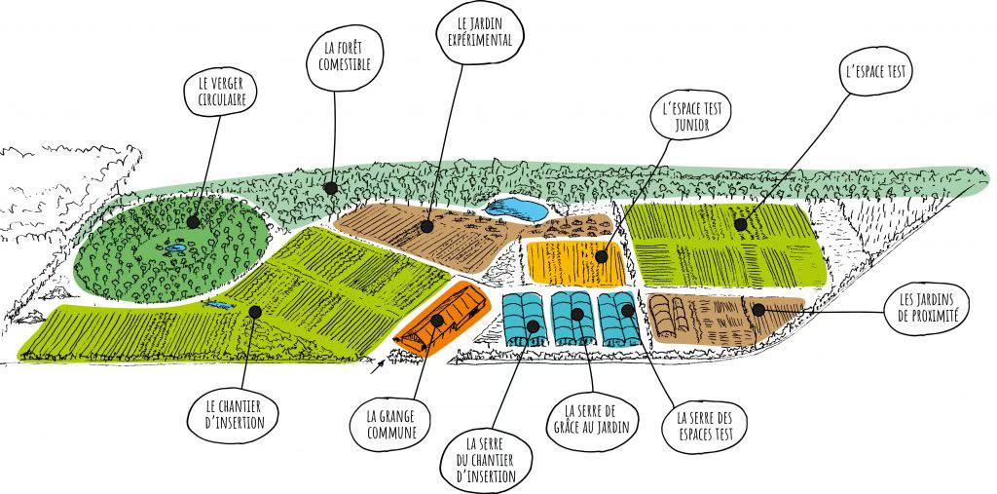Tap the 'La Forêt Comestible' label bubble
tap(338, 63)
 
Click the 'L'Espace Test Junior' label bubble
tap(692, 115)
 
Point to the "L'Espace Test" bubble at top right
tap(875, 72)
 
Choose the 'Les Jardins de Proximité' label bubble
tap(926, 310)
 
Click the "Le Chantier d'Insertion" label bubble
tap(234, 413)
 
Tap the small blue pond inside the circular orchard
tap(175, 247)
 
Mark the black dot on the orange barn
tap(437, 320)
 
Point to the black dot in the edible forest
tap(330, 188)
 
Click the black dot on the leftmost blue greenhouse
tap(533, 324)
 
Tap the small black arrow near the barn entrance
tap(378, 364)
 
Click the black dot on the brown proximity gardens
tap(757, 310)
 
